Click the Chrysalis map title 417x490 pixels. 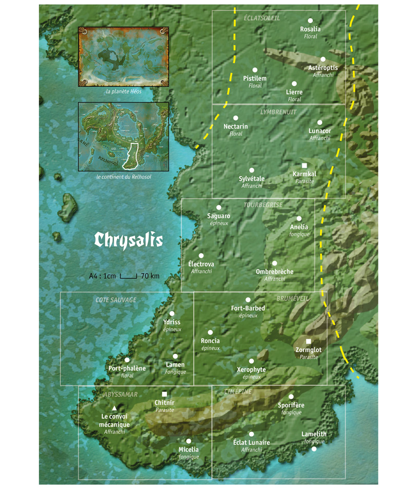click(128, 240)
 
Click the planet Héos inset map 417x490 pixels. click(123, 56)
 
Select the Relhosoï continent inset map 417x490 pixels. click(123, 136)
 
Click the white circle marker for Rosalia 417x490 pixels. click(311, 20)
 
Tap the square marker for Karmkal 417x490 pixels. click(304, 165)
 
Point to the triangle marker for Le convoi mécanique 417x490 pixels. click(114, 408)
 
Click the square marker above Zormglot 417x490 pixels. click(308, 341)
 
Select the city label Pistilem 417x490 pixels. click(255, 78)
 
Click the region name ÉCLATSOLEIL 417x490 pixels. click(262, 18)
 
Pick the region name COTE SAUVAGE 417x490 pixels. click(116, 300)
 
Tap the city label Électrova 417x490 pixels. click(201, 264)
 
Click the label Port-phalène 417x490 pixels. click(127, 369)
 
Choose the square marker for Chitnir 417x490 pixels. click(165, 394)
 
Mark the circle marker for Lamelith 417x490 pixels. click(314, 448)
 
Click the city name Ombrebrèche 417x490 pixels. click(275, 272)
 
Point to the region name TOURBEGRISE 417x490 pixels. click(263, 205)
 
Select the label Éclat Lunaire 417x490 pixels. click(251, 443)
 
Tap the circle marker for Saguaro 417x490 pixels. click(219, 207)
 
